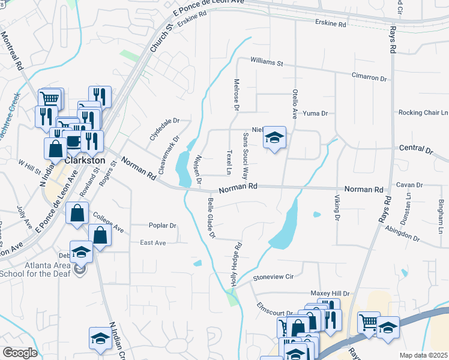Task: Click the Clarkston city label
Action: pos(85,161)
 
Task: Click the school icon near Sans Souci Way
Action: pos(274,139)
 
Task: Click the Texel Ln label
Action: pos(229,162)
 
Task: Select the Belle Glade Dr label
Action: pos(211,218)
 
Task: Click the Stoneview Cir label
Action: pos(273,277)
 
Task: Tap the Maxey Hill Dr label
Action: pos(330,293)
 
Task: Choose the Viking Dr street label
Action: pos(336,206)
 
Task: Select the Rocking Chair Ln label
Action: pos(423,112)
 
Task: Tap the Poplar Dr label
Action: pos(163,226)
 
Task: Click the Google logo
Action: pos(20,353)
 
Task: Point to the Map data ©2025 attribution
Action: pos(423,355)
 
